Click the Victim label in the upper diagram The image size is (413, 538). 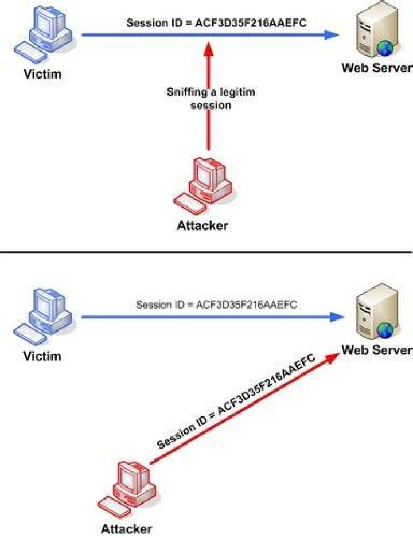pyautogui.click(x=42, y=74)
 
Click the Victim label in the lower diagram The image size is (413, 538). pyautogui.click(x=42, y=356)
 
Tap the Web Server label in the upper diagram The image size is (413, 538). pyautogui.click(x=377, y=68)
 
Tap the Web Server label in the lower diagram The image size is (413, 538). pyautogui.click(x=377, y=350)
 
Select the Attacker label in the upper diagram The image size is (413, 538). pyautogui.click(x=202, y=225)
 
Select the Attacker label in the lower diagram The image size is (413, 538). pyautogui.click(x=127, y=529)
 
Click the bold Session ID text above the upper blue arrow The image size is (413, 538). pyautogui.click(x=216, y=22)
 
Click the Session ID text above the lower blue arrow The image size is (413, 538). pyautogui.click(x=216, y=305)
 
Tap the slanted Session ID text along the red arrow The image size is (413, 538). pyautogui.click(x=236, y=401)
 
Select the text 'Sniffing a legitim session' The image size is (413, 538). pyautogui.click(x=211, y=99)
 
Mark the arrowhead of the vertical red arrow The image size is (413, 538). pyautogui.click(x=209, y=48)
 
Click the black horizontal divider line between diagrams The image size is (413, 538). pyautogui.click(x=206, y=252)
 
